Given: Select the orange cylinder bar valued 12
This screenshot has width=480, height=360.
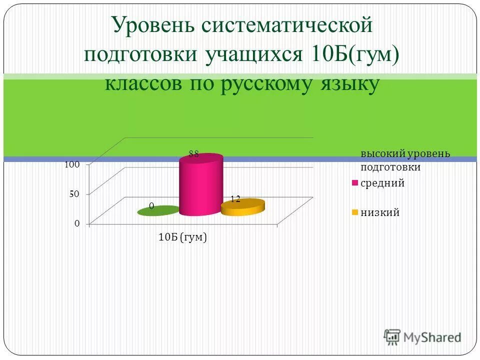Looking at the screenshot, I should pos(242,207).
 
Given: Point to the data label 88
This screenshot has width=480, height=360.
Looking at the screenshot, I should pos(194,154).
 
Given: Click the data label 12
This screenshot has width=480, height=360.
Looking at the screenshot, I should pos(235,199).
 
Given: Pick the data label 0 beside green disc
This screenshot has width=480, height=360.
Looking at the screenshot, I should pos(151,206).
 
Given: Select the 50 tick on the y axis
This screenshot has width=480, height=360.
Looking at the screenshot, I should pos(74,194).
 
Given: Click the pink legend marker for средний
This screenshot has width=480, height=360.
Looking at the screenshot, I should pos(355,183).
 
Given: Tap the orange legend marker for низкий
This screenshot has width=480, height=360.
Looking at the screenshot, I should pos(355,213).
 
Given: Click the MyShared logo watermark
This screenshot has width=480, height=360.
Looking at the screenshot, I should pos(422,337).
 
